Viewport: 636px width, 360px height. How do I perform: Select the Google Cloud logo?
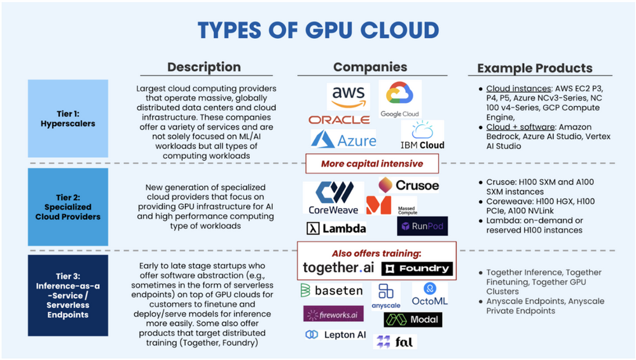click(x=400, y=100)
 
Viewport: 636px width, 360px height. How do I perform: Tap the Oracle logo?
click(x=339, y=120)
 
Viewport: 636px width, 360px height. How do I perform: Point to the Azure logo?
click(x=343, y=139)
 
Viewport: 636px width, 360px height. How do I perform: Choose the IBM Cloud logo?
click(x=423, y=135)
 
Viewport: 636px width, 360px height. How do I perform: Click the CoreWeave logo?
click(x=333, y=198)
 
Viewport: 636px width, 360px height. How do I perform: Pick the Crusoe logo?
click(x=408, y=185)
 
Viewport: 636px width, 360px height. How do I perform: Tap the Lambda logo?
click(x=336, y=228)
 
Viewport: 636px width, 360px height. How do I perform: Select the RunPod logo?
click(x=422, y=226)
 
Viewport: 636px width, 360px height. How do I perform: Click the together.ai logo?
click(x=338, y=268)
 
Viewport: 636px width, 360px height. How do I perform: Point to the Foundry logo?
click(x=417, y=268)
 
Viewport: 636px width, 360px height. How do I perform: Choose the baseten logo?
click(x=331, y=291)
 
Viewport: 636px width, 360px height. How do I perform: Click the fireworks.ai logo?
click(x=333, y=314)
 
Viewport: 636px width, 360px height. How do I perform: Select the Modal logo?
click(x=413, y=319)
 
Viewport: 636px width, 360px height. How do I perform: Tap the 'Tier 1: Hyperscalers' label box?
click(x=68, y=118)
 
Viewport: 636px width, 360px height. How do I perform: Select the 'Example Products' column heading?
click(x=534, y=68)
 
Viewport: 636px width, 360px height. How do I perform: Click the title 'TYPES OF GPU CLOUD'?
click(x=318, y=30)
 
